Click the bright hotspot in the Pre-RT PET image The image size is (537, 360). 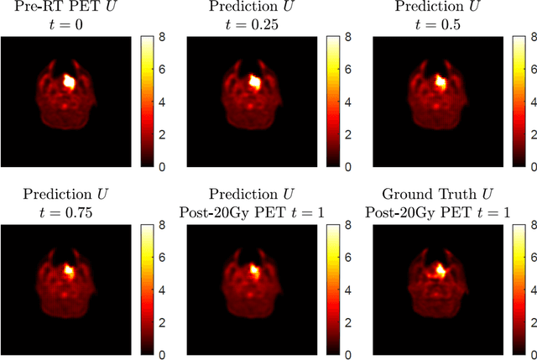coord(70,82)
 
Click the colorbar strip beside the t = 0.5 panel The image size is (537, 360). coord(513,102)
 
